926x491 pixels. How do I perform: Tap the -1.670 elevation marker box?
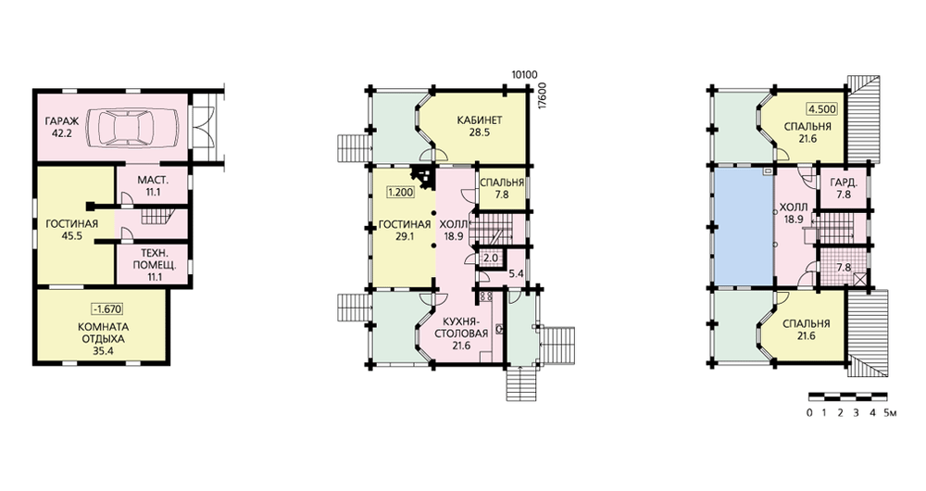point(106,308)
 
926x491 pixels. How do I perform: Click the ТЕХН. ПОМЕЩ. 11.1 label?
point(154,265)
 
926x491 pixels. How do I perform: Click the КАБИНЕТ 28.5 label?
point(480,126)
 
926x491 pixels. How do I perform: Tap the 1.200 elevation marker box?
point(400,192)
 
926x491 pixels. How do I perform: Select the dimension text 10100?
point(524,74)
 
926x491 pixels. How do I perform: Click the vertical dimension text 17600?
point(543,94)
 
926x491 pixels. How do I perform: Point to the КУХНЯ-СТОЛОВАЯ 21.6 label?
point(461,334)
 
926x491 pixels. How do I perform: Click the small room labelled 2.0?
point(491,258)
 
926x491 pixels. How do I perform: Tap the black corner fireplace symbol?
point(423,175)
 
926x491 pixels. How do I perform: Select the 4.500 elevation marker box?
point(822,109)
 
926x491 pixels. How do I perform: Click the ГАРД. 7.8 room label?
point(844,188)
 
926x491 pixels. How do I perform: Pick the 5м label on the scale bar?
point(891,412)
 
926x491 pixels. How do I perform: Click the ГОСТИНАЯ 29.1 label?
point(405,230)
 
